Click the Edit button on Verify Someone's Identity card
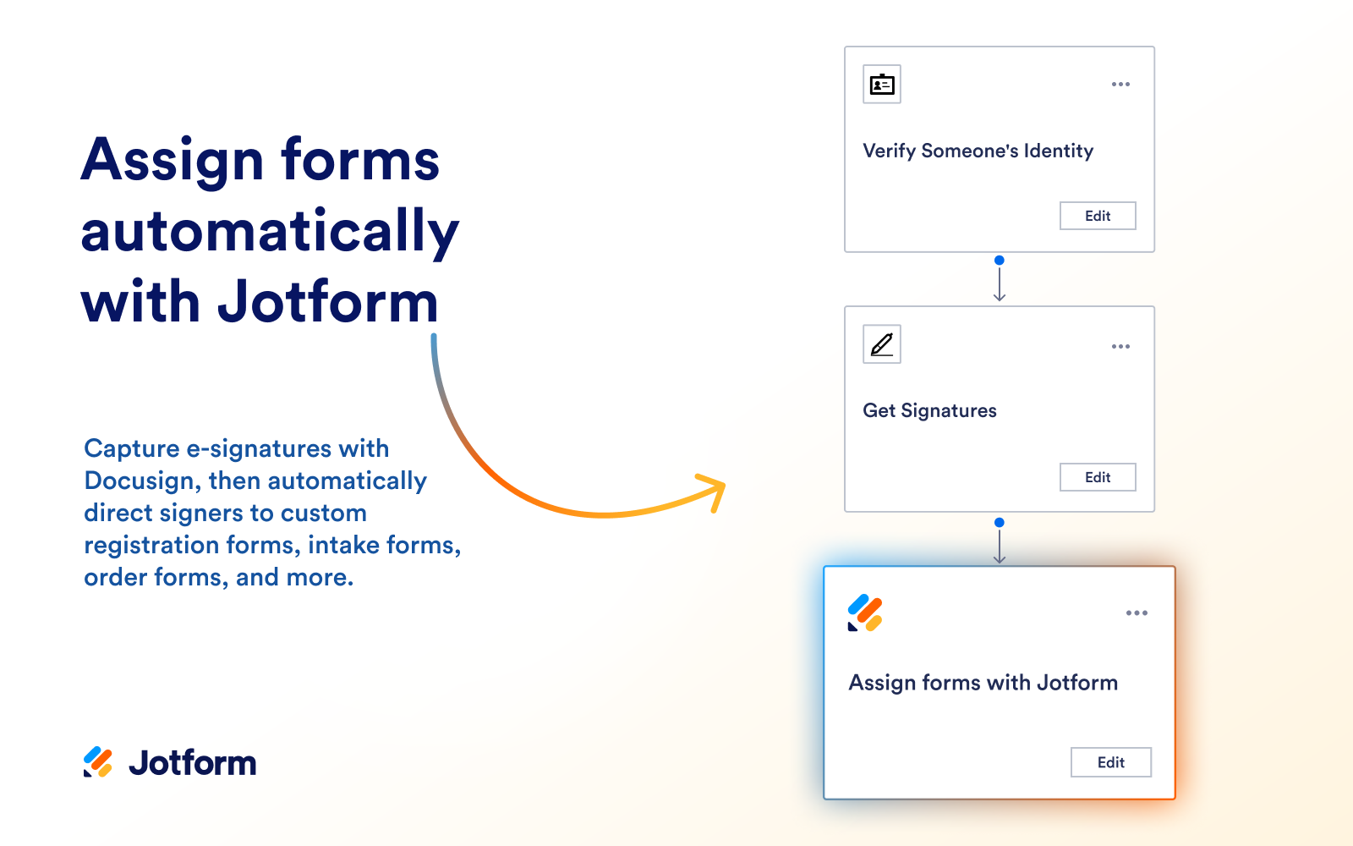pos(1098,216)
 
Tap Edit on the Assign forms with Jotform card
pos(1110,762)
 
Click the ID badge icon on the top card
pos(882,85)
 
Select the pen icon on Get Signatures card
pos(882,344)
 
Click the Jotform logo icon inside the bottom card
pos(865,613)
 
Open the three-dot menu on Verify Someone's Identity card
pos(1120,85)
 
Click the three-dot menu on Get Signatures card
pos(1120,347)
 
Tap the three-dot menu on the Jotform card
pos(1137,613)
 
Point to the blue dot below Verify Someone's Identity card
pos(1000,261)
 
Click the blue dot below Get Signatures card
pos(1000,523)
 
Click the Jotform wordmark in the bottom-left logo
pos(193,763)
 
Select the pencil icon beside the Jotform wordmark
pos(98,762)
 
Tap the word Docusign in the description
pos(140,481)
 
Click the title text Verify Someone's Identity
pos(978,151)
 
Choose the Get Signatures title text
pos(929,411)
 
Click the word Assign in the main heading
pos(173,160)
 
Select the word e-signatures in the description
pos(259,449)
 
